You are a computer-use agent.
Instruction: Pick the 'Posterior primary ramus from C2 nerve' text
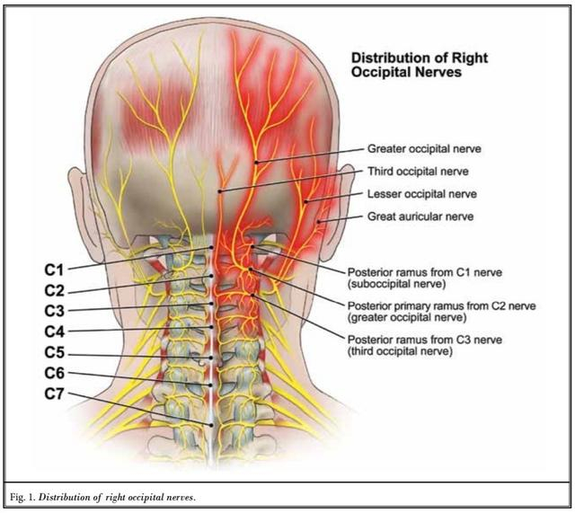[441, 306]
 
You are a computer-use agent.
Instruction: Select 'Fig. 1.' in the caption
[24, 495]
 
